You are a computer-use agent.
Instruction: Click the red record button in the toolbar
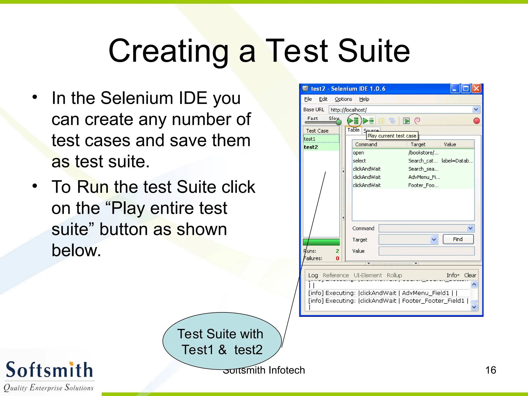(476, 121)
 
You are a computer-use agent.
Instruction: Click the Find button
(458, 239)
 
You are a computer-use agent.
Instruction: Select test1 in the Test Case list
(321, 139)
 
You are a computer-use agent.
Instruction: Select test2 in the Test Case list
(321, 147)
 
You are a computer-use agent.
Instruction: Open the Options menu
(343, 99)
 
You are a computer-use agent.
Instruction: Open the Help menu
(364, 99)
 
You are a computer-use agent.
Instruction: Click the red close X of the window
(477, 89)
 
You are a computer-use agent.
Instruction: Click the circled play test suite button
(354, 121)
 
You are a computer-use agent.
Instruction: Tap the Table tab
(353, 130)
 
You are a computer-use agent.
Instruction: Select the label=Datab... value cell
(457, 161)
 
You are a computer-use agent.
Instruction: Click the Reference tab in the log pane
(335, 275)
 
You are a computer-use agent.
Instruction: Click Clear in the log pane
(470, 275)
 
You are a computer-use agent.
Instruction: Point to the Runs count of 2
(337, 251)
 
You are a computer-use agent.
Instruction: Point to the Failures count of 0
(337, 258)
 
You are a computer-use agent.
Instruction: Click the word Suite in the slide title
(374, 51)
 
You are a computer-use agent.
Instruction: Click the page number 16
(490, 370)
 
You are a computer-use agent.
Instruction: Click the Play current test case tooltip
(392, 136)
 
